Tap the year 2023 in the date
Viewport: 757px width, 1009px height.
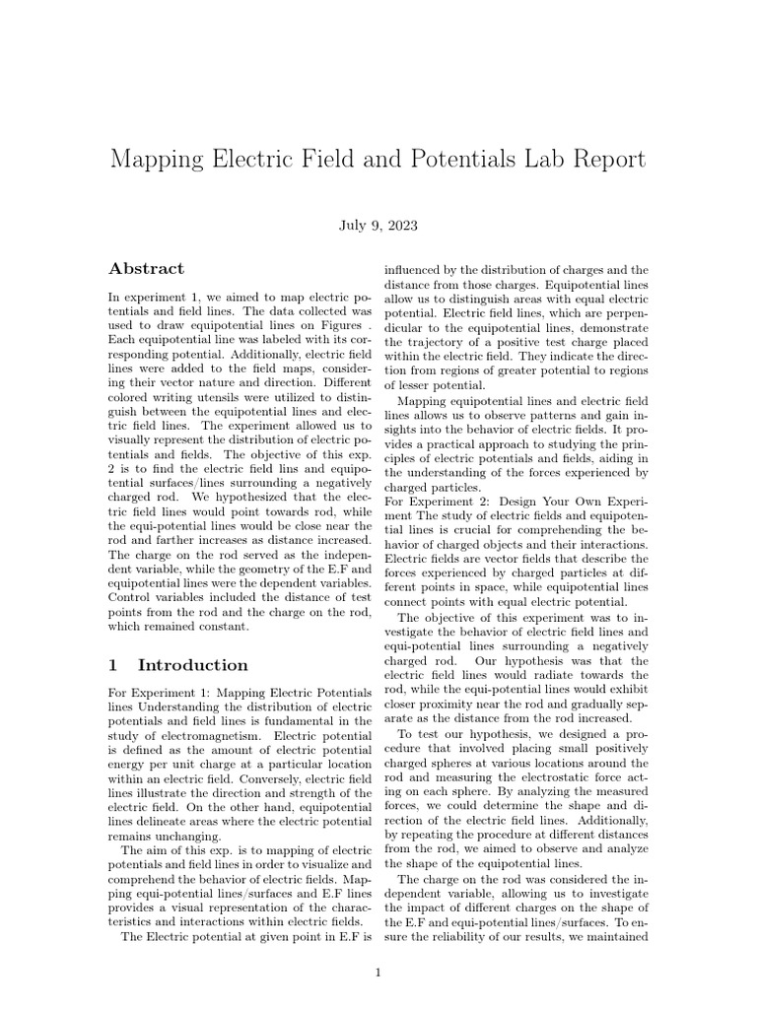[401, 226]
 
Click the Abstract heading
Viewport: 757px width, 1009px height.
[146, 268]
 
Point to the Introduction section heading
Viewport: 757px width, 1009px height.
[192, 665]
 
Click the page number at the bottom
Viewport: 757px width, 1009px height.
[378, 974]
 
